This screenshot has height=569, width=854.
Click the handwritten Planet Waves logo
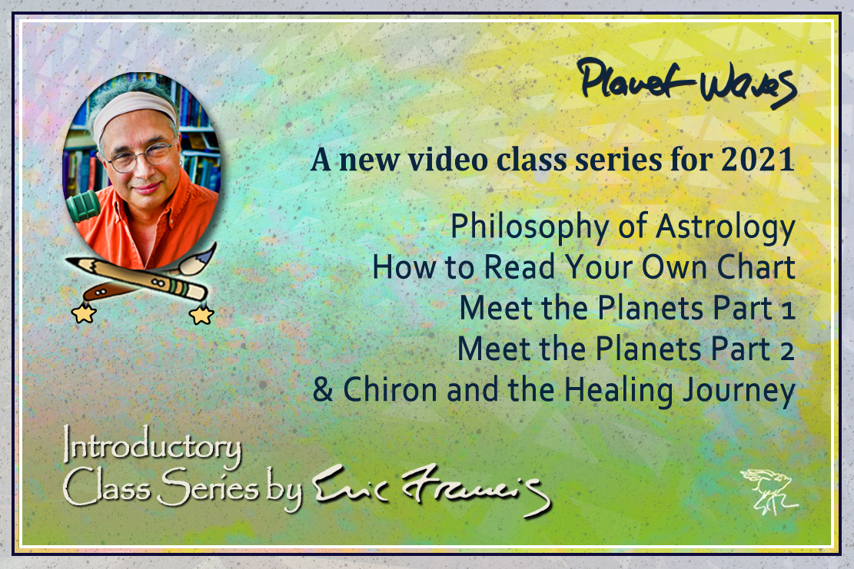[688, 83]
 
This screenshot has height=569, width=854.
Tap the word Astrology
[725, 228]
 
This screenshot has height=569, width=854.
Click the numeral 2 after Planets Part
[786, 351]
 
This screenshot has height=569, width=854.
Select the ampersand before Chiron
[322, 389]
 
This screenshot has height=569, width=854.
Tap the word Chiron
[390, 389]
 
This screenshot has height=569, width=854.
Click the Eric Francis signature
[431, 488]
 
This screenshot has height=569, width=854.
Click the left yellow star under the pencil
[83, 313]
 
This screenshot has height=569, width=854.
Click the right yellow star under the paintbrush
[201, 314]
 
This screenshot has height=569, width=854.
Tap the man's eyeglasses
[141, 156]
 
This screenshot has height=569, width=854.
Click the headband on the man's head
[133, 111]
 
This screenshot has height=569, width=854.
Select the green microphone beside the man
[82, 207]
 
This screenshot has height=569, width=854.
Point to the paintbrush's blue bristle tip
[208, 251]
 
